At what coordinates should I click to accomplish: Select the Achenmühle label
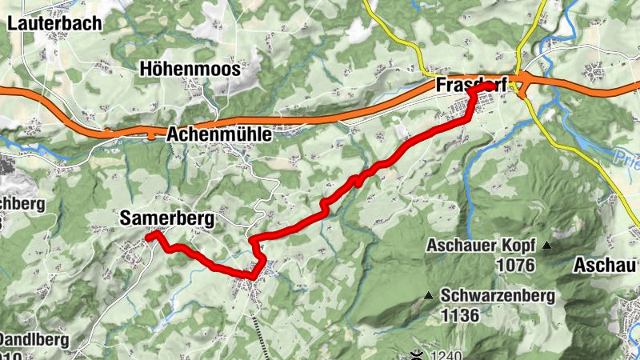pyautogui.click(x=219, y=136)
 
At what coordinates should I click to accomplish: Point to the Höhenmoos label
pyautogui.click(x=190, y=70)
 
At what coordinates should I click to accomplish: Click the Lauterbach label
pyautogui.click(x=54, y=23)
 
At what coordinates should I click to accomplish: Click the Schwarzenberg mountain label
pyautogui.click(x=497, y=297)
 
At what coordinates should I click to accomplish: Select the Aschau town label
pyautogui.click(x=606, y=264)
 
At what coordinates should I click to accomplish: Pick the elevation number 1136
pyautogui.click(x=459, y=315)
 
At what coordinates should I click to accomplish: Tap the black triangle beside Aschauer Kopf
pyautogui.click(x=546, y=245)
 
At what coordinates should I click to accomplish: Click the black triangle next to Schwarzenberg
pyautogui.click(x=428, y=296)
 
